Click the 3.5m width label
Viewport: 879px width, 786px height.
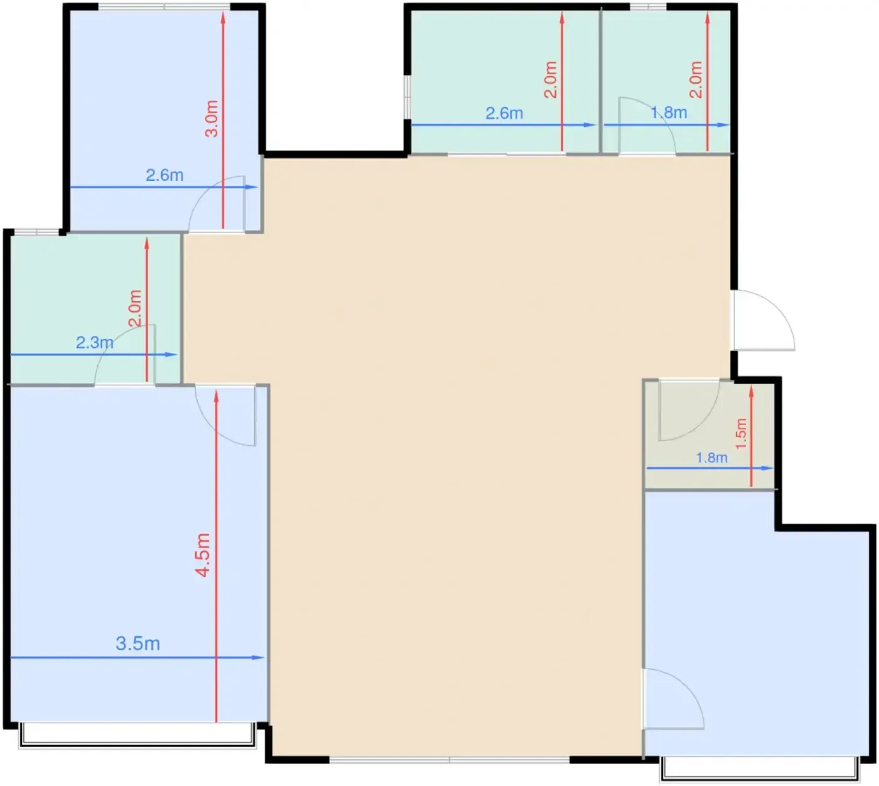pyautogui.click(x=138, y=643)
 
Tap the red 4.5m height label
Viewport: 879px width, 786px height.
pyautogui.click(x=203, y=555)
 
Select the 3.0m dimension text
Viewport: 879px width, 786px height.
pyautogui.click(x=212, y=119)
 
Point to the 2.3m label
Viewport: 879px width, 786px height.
pyautogui.click(x=95, y=343)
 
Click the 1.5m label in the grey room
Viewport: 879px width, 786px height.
pyautogui.click(x=741, y=433)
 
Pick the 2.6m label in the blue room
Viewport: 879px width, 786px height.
pyautogui.click(x=164, y=175)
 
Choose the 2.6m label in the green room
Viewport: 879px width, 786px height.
pyautogui.click(x=504, y=113)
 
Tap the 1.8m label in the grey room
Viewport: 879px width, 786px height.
pyautogui.click(x=711, y=457)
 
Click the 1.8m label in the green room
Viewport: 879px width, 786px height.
pyautogui.click(x=669, y=113)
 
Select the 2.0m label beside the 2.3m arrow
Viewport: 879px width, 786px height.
pyautogui.click(x=135, y=308)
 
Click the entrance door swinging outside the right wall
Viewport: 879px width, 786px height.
pyautogui.click(x=763, y=320)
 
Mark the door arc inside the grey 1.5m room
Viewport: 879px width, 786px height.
pyautogui.click(x=689, y=411)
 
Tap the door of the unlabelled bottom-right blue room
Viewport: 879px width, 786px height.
pyautogui.click(x=673, y=698)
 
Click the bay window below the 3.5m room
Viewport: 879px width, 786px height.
pyautogui.click(x=137, y=735)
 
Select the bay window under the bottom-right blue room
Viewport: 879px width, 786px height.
pyautogui.click(x=759, y=768)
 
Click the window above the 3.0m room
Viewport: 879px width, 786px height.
pyautogui.click(x=164, y=6)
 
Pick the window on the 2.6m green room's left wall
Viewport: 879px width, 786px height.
pyautogui.click(x=407, y=97)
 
